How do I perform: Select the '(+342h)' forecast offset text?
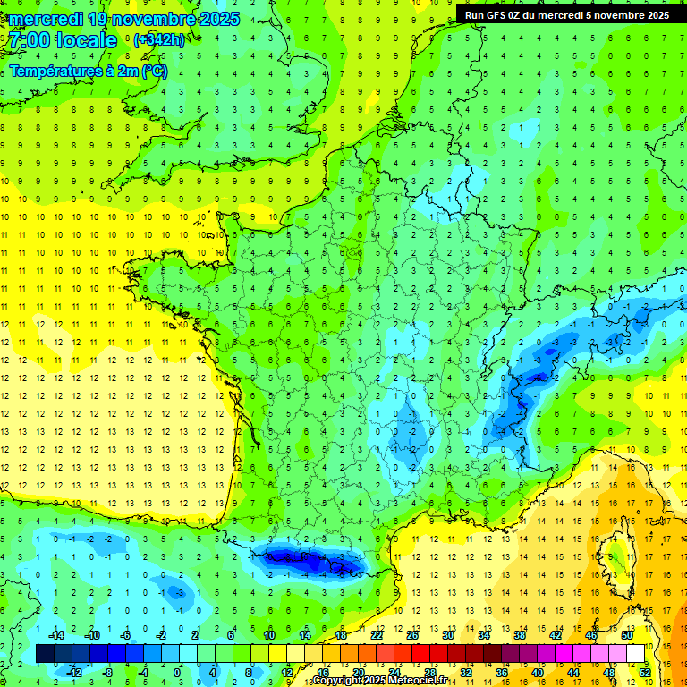158,40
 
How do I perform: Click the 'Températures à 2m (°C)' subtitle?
88,71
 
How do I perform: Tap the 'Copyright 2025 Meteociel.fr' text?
380,681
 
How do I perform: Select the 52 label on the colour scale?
645,673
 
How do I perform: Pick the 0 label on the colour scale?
178,673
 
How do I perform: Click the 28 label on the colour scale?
429,673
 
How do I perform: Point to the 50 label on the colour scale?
627,635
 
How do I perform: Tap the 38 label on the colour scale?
520,635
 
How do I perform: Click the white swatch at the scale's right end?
636,654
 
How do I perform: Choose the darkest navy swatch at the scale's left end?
45,654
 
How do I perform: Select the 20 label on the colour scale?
358,673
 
